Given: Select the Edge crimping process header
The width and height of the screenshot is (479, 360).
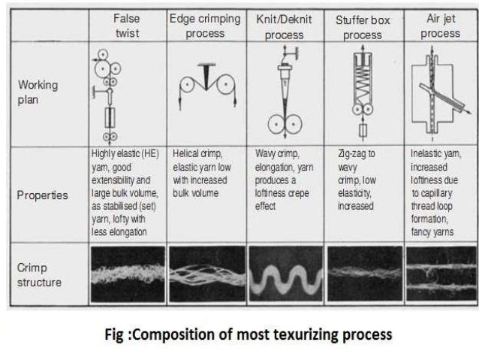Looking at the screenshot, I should pyautogui.click(x=205, y=26).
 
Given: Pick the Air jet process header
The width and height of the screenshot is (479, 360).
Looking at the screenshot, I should pyautogui.click(x=440, y=26).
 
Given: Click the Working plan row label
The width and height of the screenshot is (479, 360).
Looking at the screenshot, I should pyautogui.click(x=38, y=92).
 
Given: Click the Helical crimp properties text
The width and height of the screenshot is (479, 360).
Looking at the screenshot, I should pyautogui.click(x=204, y=172).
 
